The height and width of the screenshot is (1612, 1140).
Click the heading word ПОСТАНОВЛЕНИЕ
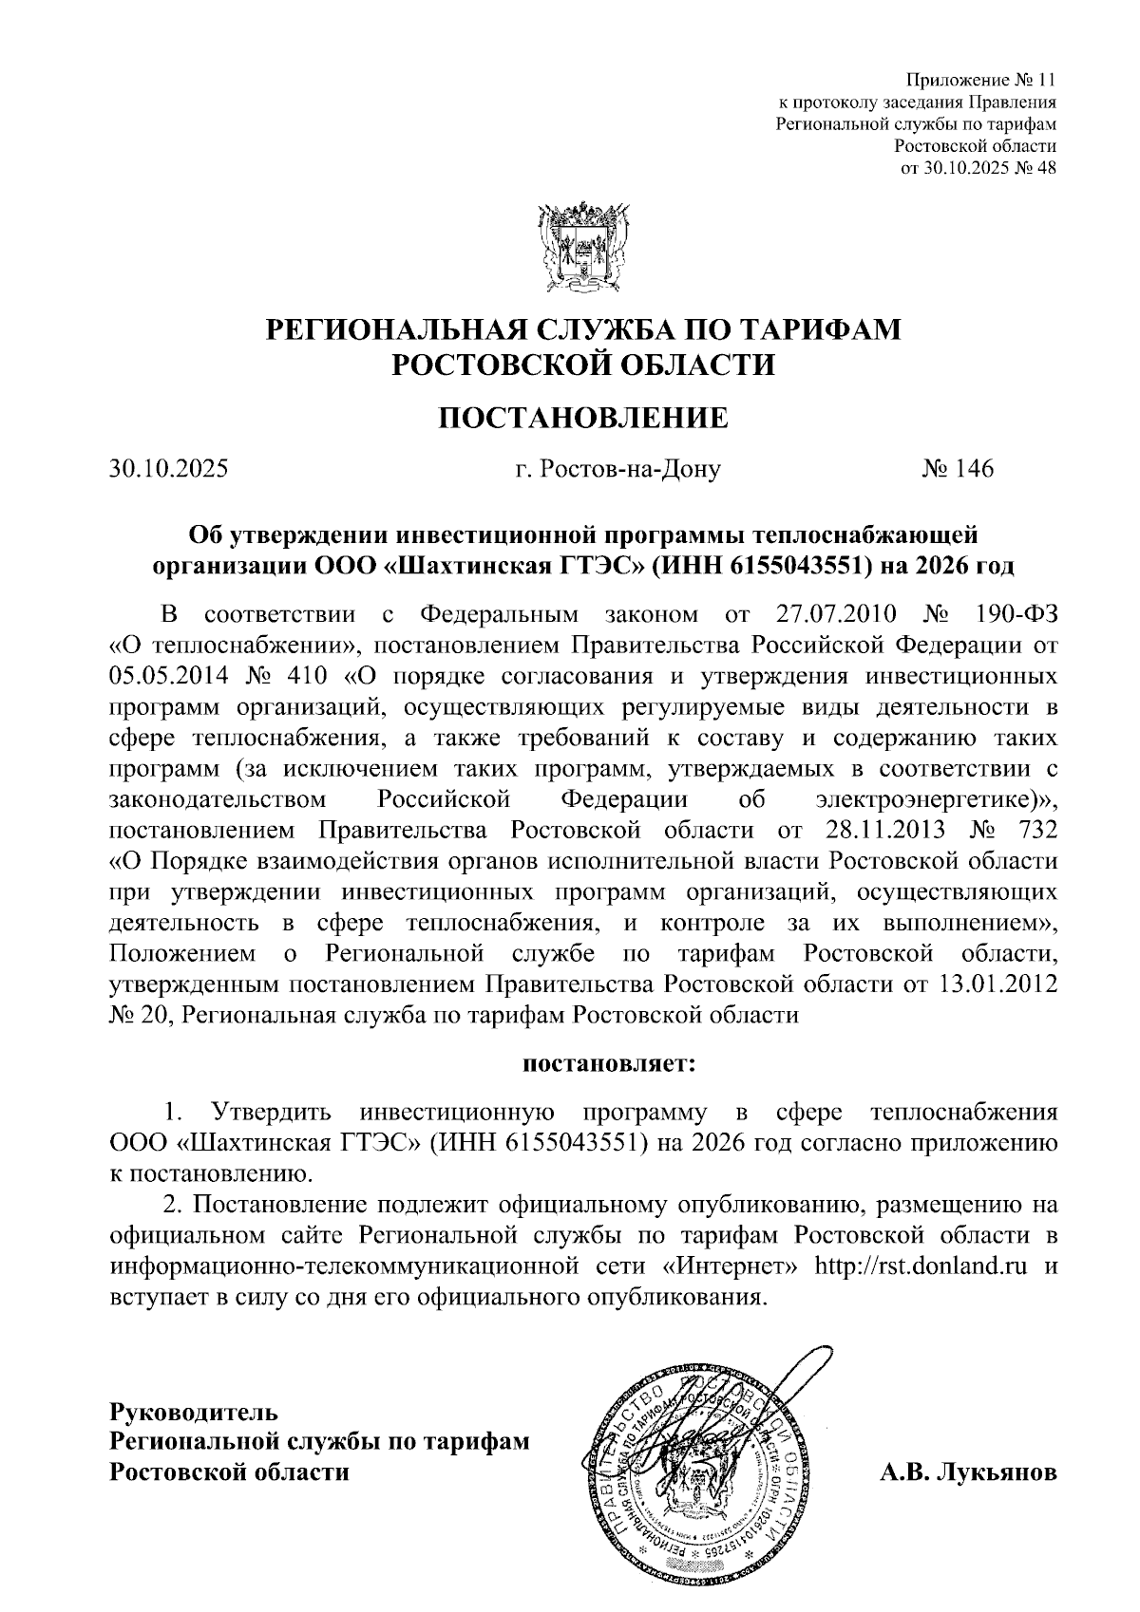582,418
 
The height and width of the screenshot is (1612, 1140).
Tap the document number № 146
957,469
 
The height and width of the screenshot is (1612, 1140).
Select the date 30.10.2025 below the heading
168,469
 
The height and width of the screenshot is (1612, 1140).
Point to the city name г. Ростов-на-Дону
616,469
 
